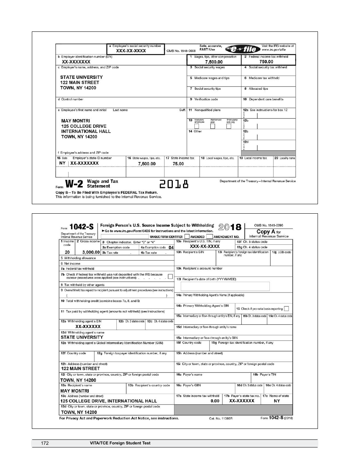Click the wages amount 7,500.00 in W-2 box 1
click(214, 62)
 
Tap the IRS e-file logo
click(243, 49)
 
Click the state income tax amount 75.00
click(178, 164)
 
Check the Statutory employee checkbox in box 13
click(196, 127)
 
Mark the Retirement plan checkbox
click(213, 127)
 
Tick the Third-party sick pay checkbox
click(229, 127)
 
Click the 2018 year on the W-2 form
click(174, 185)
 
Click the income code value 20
click(67, 252)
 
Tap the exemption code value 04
click(171, 247)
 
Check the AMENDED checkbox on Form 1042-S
click(187, 236)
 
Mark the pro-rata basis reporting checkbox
click(286, 308)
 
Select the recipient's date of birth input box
click(225, 286)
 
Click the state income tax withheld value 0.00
click(215, 401)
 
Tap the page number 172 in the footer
click(45, 443)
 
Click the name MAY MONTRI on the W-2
click(75, 121)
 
